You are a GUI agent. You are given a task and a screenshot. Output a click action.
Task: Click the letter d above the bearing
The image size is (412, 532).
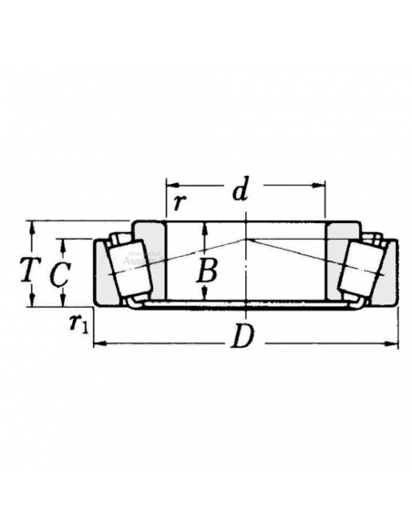pyautogui.click(x=240, y=192)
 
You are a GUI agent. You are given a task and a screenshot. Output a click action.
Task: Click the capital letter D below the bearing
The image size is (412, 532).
pyautogui.click(x=242, y=338)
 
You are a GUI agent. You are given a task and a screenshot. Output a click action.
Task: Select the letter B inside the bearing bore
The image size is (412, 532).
pyautogui.click(x=209, y=271)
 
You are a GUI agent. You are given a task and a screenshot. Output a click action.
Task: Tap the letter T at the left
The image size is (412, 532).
pyautogui.click(x=29, y=270)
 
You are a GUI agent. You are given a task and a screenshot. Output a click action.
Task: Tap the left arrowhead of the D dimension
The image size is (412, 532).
pyautogui.click(x=99, y=344)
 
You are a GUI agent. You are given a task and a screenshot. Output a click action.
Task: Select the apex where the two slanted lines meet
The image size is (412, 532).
pyautogui.click(x=246, y=238)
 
